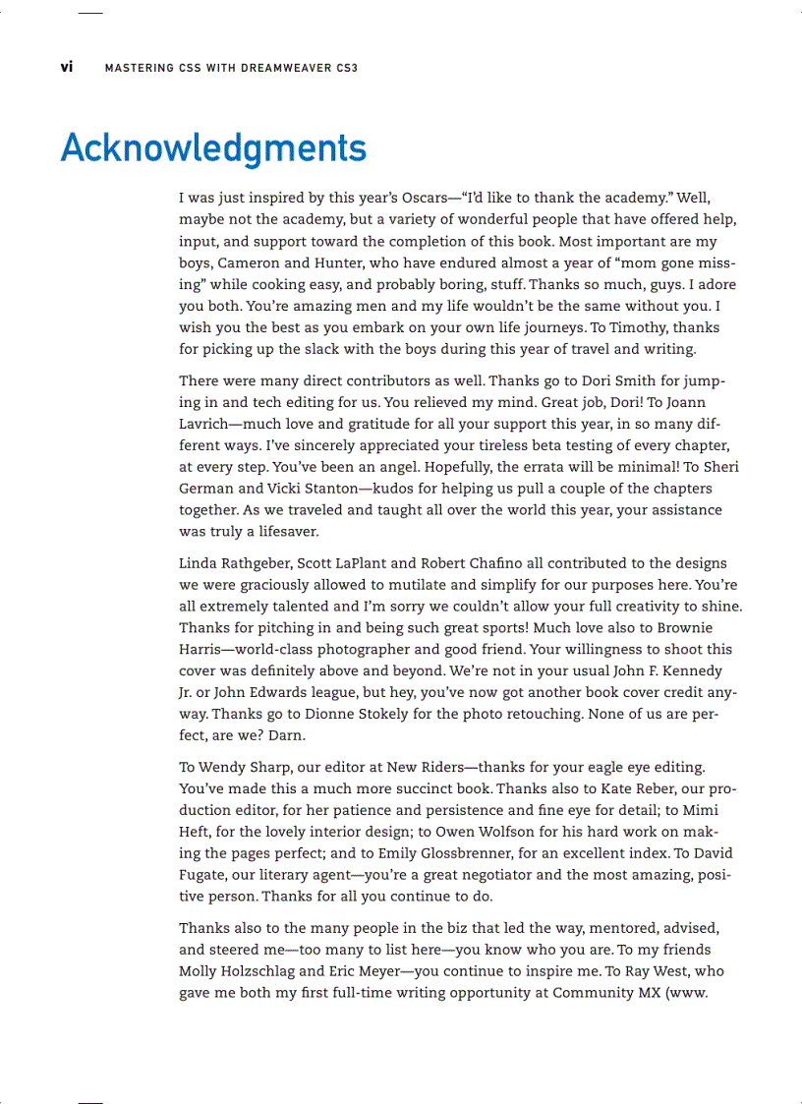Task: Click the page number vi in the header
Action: click(66, 68)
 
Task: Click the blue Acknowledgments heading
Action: click(213, 148)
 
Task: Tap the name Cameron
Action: click(256, 262)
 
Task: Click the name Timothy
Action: click(641, 327)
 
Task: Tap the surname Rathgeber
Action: click(255, 563)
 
